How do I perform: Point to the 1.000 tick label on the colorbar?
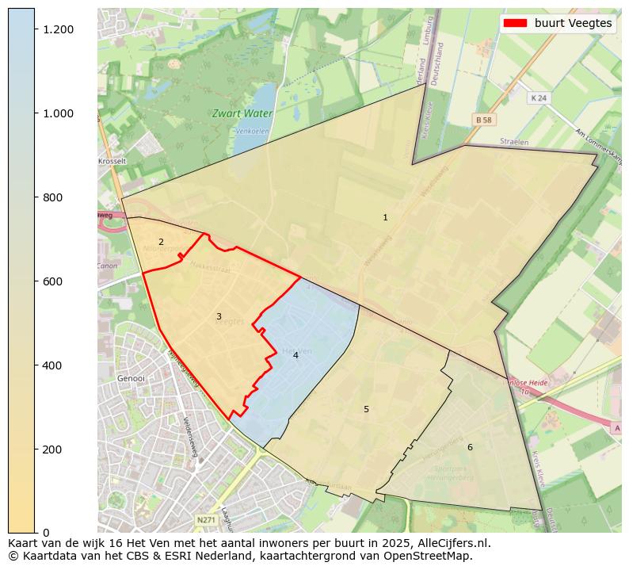coord(59,113)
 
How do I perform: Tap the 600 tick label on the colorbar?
coord(53,281)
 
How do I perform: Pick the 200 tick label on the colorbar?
coord(53,449)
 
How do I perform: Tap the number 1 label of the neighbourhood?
coord(385,217)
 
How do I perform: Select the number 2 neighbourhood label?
coord(161,242)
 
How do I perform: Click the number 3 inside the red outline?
coord(219,316)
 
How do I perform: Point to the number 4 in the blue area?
coord(295,355)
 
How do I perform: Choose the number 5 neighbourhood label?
coord(366,409)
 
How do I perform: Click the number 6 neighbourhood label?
coord(470,447)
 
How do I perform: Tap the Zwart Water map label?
coord(242,113)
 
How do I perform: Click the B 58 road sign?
coord(483,119)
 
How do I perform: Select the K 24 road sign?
coord(539,98)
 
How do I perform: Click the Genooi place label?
coord(131,379)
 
